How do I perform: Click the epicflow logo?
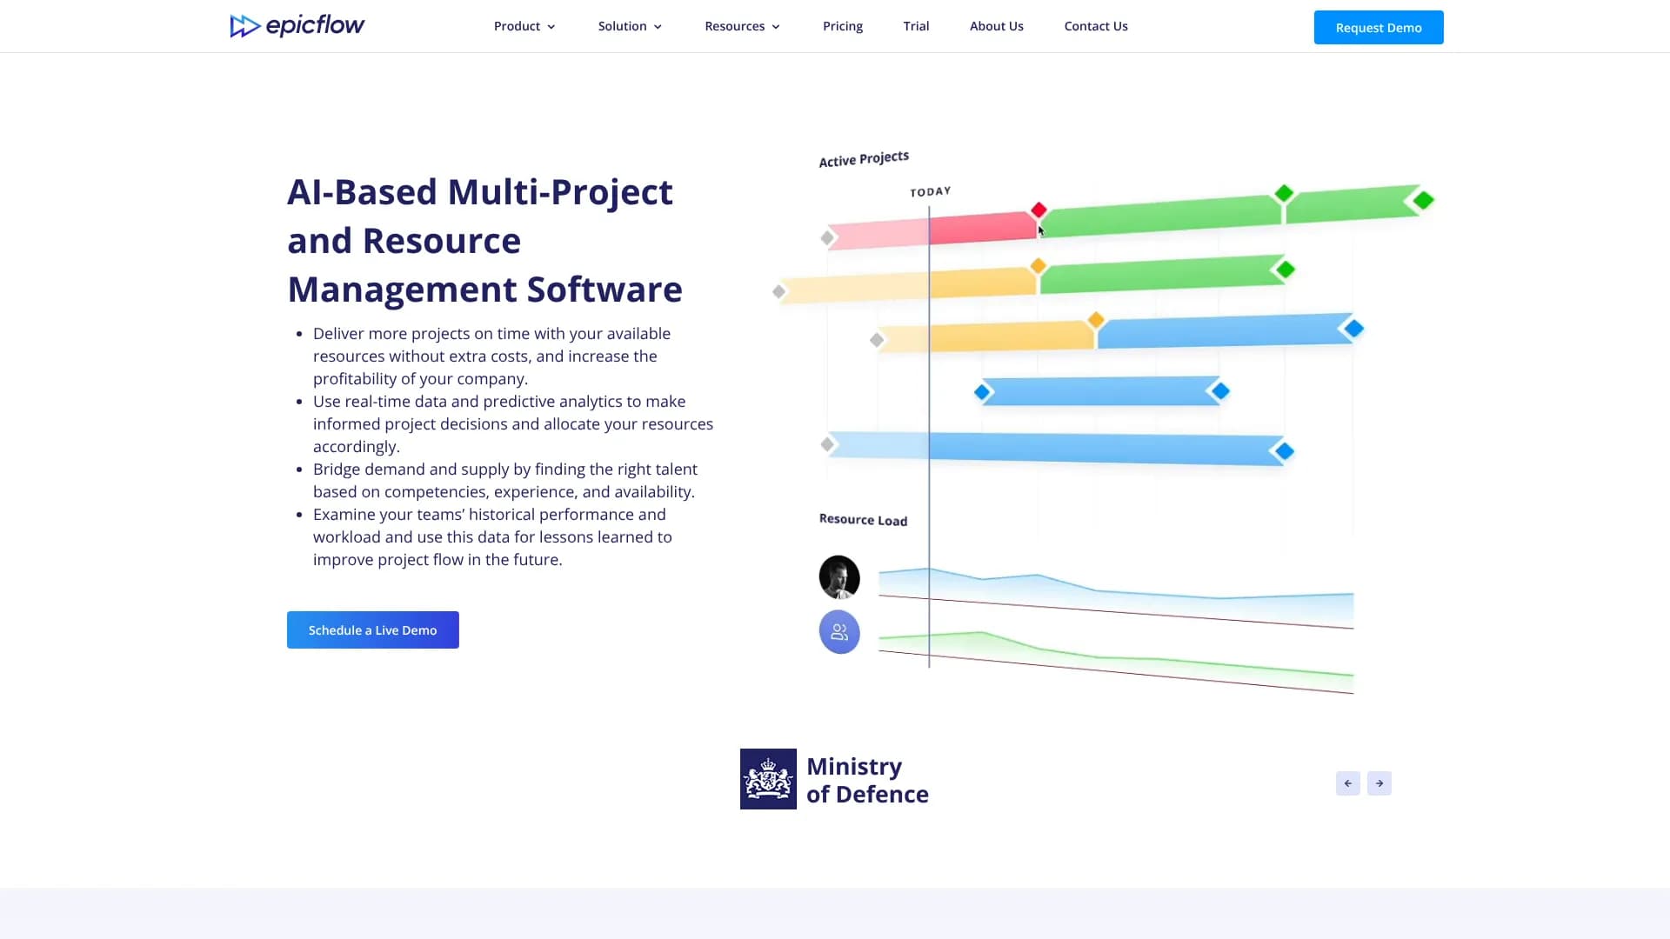click(x=297, y=26)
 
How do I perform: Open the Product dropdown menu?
click(x=524, y=26)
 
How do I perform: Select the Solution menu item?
click(x=630, y=26)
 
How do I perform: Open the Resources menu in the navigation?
click(x=743, y=26)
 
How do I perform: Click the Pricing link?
click(x=843, y=26)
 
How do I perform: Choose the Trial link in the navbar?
click(x=916, y=26)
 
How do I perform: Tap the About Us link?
click(x=997, y=26)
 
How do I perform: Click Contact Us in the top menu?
click(x=1096, y=26)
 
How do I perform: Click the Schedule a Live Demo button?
click(x=373, y=629)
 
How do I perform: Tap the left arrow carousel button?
click(x=1348, y=783)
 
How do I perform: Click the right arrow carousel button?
click(x=1379, y=783)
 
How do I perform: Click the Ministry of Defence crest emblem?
click(x=768, y=779)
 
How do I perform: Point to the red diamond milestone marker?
click(x=1039, y=210)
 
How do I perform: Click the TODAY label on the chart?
click(x=931, y=191)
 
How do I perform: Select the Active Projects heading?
click(x=864, y=159)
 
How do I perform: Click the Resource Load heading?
click(x=863, y=520)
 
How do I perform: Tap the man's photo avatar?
click(x=839, y=577)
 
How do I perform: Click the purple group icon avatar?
click(x=839, y=632)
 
